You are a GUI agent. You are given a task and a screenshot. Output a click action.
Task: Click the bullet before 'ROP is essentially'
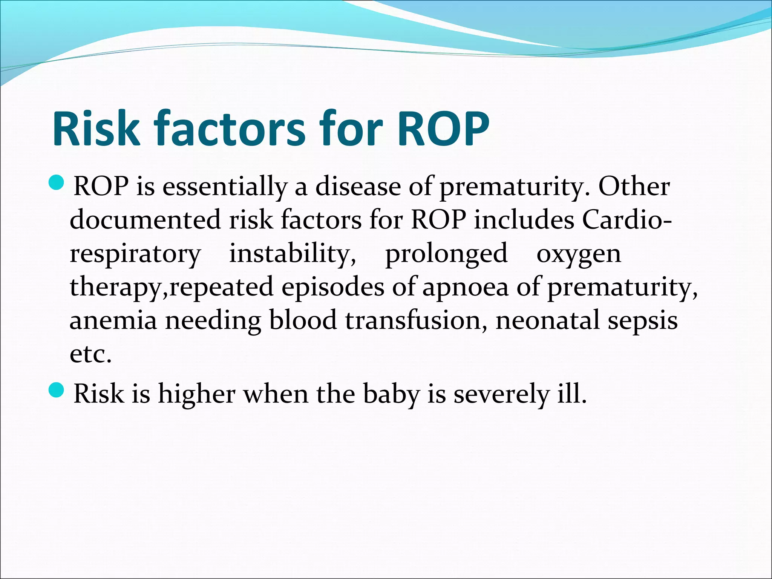(x=57, y=182)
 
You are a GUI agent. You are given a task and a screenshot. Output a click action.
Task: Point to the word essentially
(x=224, y=187)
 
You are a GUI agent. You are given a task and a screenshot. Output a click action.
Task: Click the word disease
(x=358, y=187)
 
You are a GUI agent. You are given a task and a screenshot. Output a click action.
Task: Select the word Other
(x=634, y=187)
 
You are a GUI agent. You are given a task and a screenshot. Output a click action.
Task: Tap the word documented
(x=145, y=220)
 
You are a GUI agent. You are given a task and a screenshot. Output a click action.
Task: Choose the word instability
(x=293, y=253)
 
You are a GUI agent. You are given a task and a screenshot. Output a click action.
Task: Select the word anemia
(x=113, y=321)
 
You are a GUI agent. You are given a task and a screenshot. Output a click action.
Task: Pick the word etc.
(x=90, y=354)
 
